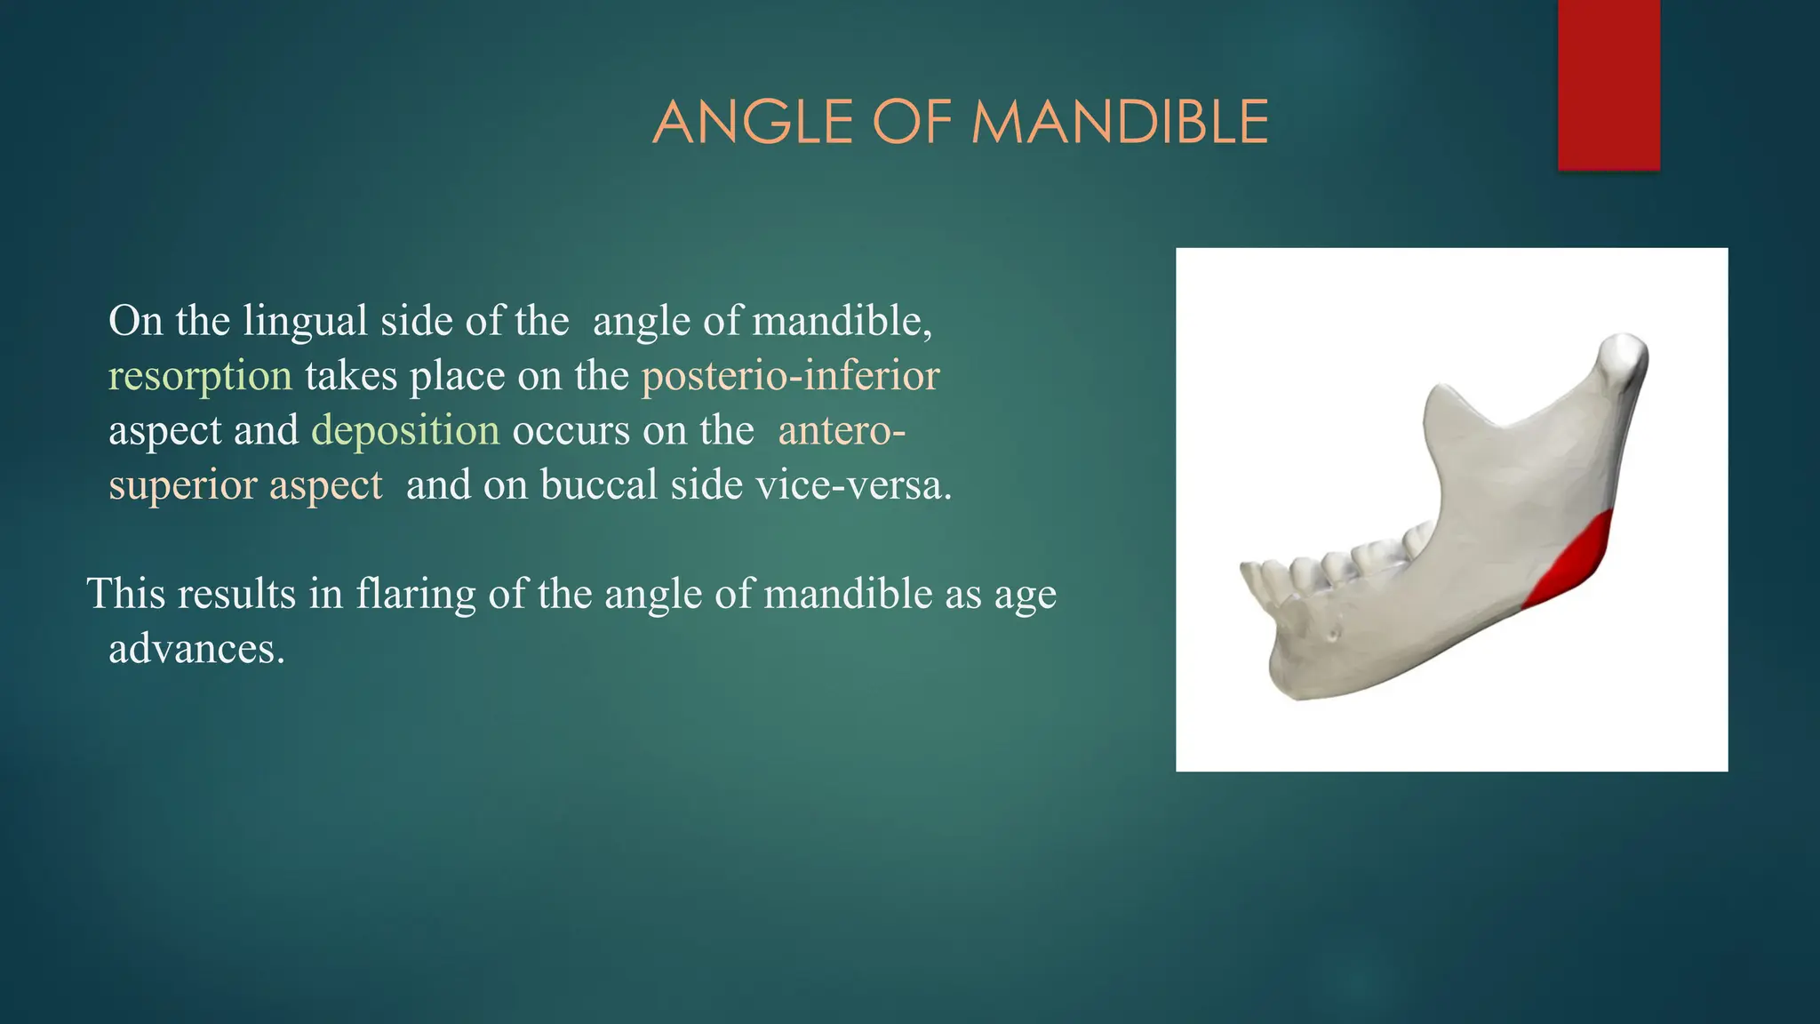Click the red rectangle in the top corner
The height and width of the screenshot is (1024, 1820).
click(x=1608, y=84)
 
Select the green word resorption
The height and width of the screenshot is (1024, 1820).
click(x=200, y=376)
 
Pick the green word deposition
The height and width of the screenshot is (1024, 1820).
click(x=405, y=431)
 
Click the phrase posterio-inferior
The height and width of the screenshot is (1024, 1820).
click(x=790, y=376)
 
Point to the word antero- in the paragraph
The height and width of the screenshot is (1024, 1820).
click(x=841, y=431)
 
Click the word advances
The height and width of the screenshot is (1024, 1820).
click(x=196, y=649)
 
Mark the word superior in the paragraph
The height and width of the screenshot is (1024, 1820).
click(x=182, y=485)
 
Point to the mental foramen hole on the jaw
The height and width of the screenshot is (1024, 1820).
click(x=1332, y=634)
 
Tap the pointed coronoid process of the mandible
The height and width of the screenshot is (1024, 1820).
click(x=1441, y=396)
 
